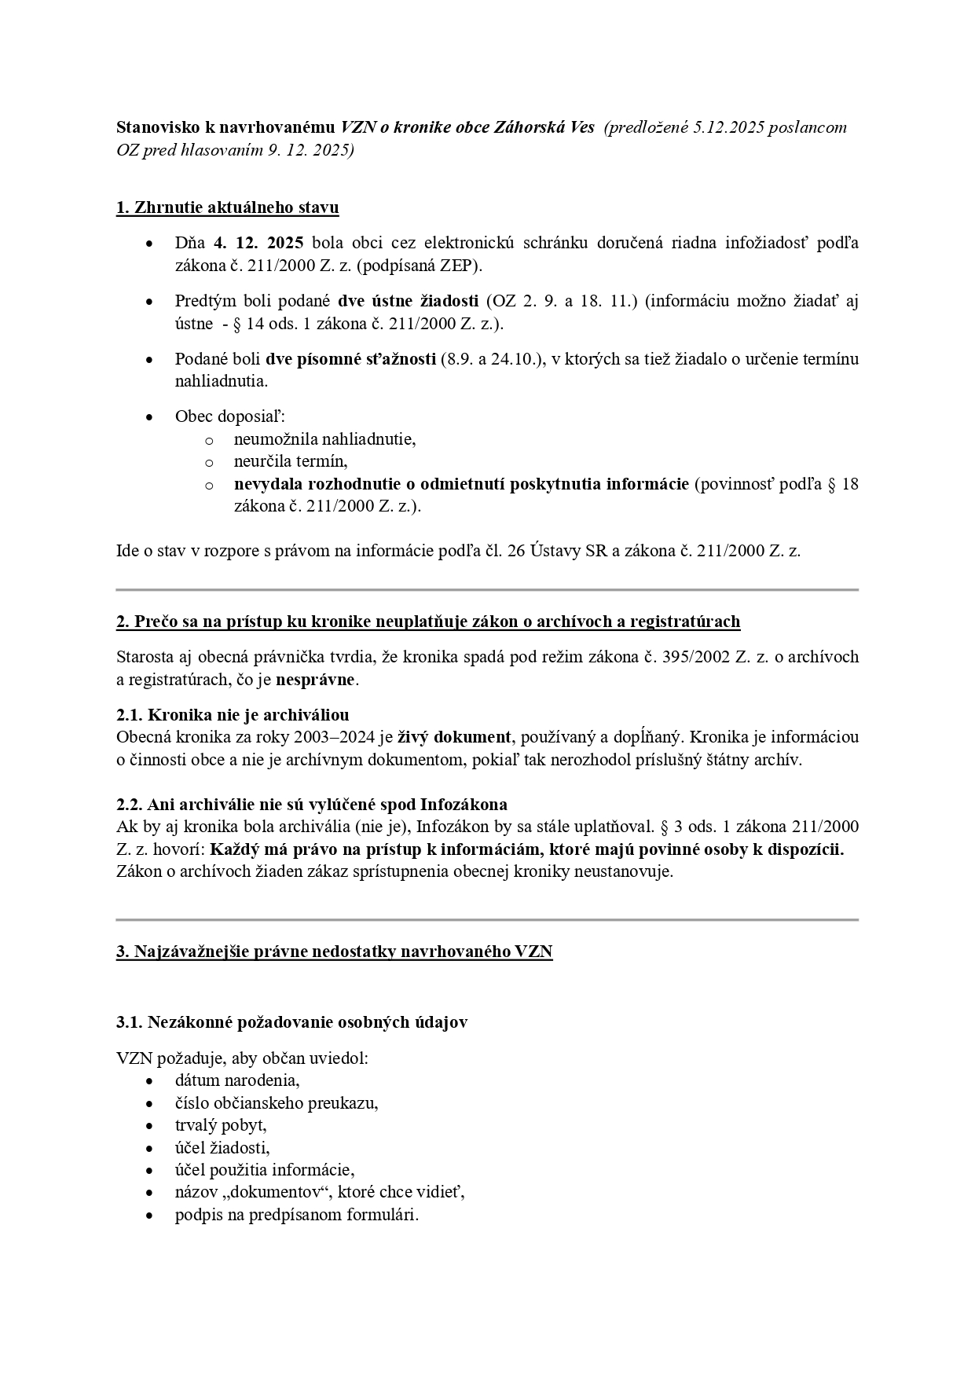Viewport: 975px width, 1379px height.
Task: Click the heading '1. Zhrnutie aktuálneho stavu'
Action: point(227,208)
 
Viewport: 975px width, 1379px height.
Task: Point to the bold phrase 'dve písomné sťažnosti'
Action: point(350,359)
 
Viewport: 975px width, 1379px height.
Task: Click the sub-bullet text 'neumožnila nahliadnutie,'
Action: point(324,439)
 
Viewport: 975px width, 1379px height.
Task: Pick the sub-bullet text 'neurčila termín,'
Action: point(290,461)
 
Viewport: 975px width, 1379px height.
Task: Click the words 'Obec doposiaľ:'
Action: point(229,416)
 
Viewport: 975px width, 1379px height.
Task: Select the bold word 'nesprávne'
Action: point(315,680)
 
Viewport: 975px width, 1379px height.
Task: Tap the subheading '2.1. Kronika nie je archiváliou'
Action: point(233,715)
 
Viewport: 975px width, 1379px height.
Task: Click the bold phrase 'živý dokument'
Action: point(454,737)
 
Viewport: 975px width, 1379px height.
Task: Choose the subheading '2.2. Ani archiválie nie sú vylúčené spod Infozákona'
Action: point(311,805)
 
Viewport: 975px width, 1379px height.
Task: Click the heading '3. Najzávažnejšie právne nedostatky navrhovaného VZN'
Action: point(334,952)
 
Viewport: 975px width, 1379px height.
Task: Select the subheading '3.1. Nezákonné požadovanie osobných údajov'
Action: point(292,1022)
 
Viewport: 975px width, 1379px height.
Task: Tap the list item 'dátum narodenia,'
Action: point(237,1080)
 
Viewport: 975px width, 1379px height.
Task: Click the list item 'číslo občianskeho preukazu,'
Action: point(277,1102)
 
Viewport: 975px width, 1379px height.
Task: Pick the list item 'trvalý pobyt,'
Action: point(221,1124)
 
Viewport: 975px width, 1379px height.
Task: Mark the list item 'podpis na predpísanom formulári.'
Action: point(297,1215)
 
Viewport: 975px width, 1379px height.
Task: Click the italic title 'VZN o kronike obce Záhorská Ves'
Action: point(467,127)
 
